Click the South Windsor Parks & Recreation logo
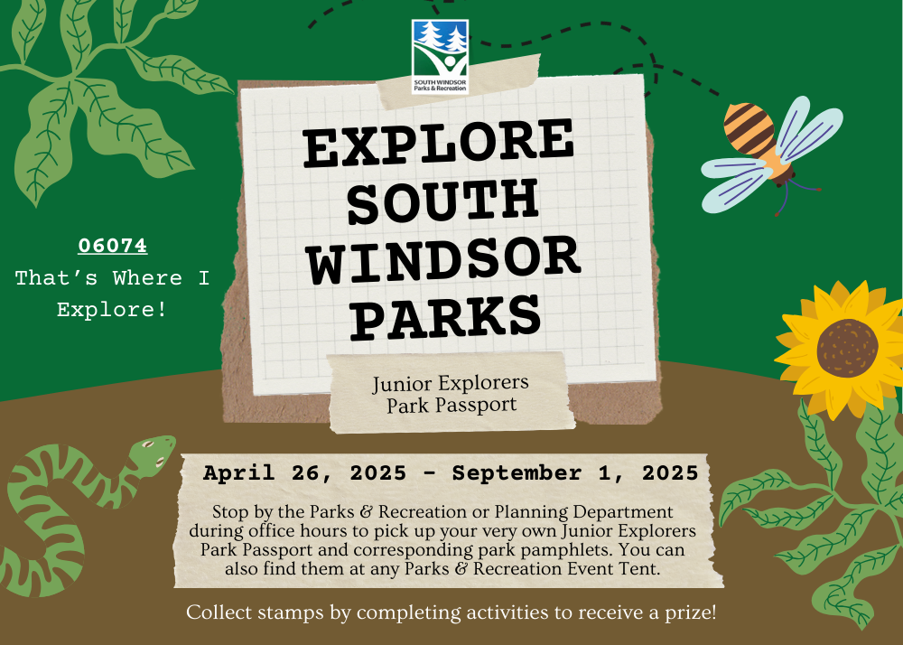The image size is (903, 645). click(x=440, y=56)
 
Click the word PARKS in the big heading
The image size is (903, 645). click(x=446, y=315)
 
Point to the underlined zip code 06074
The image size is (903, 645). click(x=113, y=246)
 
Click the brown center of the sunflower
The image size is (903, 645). click(x=847, y=349)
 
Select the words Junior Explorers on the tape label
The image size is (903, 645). click(x=451, y=384)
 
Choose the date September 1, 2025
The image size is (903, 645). click(x=575, y=472)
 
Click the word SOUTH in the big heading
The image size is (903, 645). click(x=442, y=201)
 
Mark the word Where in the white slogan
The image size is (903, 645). click(x=147, y=278)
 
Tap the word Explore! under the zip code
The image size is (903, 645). click(x=112, y=310)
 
